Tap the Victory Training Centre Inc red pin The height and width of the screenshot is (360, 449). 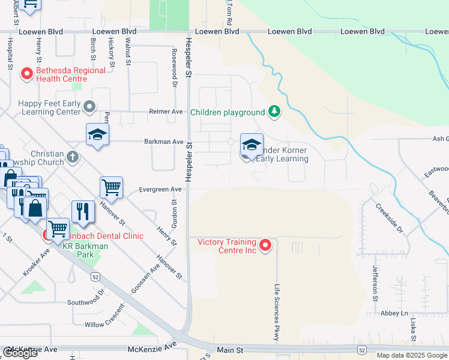pyautogui.click(x=265, y=245)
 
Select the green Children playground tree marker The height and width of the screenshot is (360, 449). pyautogui.click(x=274, y=112)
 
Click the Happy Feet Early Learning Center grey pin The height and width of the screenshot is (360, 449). pyautogui.click(x=89, y=107)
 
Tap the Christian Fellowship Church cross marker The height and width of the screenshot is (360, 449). pyautogui.click(x=72, y=157)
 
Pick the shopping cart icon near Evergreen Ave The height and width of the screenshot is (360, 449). pyautogui.click(x=112, y=188)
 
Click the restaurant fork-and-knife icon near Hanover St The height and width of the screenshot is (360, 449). pyautogui.click(x=83, y=212)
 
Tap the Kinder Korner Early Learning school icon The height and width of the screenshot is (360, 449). pyautogui.click(x=252, y=145)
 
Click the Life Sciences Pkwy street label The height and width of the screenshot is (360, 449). pyautogui.click(x=277, y=313)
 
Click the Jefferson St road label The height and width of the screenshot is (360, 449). pyautogui.click(x=375, y=283)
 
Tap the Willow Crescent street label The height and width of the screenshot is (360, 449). pyautogui.click(x=105, y=317)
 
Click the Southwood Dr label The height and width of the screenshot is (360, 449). pyautogui.click(x=86, y=298)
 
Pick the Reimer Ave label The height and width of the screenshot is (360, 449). pyautogui.click(x=166, y=112)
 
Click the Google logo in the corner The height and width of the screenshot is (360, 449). pyautogui.click(x=20, y=353)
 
